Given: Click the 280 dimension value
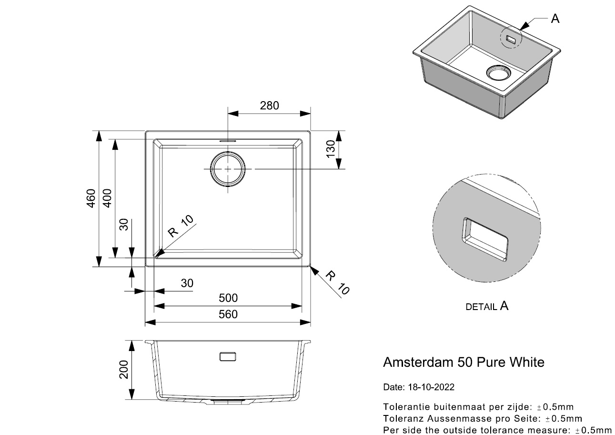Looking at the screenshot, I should (269, 105).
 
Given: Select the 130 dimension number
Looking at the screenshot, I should (331, 150).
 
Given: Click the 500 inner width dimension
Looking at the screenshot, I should (228, 298).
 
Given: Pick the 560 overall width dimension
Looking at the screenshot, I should (228, 314).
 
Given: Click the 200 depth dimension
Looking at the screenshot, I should (124, 369).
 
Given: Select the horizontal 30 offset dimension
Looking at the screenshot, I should (187, 283).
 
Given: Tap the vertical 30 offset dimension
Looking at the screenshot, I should (124, 224).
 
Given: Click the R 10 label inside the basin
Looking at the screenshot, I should (181, 227).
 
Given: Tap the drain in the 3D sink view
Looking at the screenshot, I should (498, 72).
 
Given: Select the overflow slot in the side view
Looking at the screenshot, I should (227, 356).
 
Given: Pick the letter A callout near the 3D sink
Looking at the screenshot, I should (555, 19).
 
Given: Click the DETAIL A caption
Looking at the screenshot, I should (486, 306).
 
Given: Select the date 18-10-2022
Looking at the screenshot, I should (431, 387).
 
